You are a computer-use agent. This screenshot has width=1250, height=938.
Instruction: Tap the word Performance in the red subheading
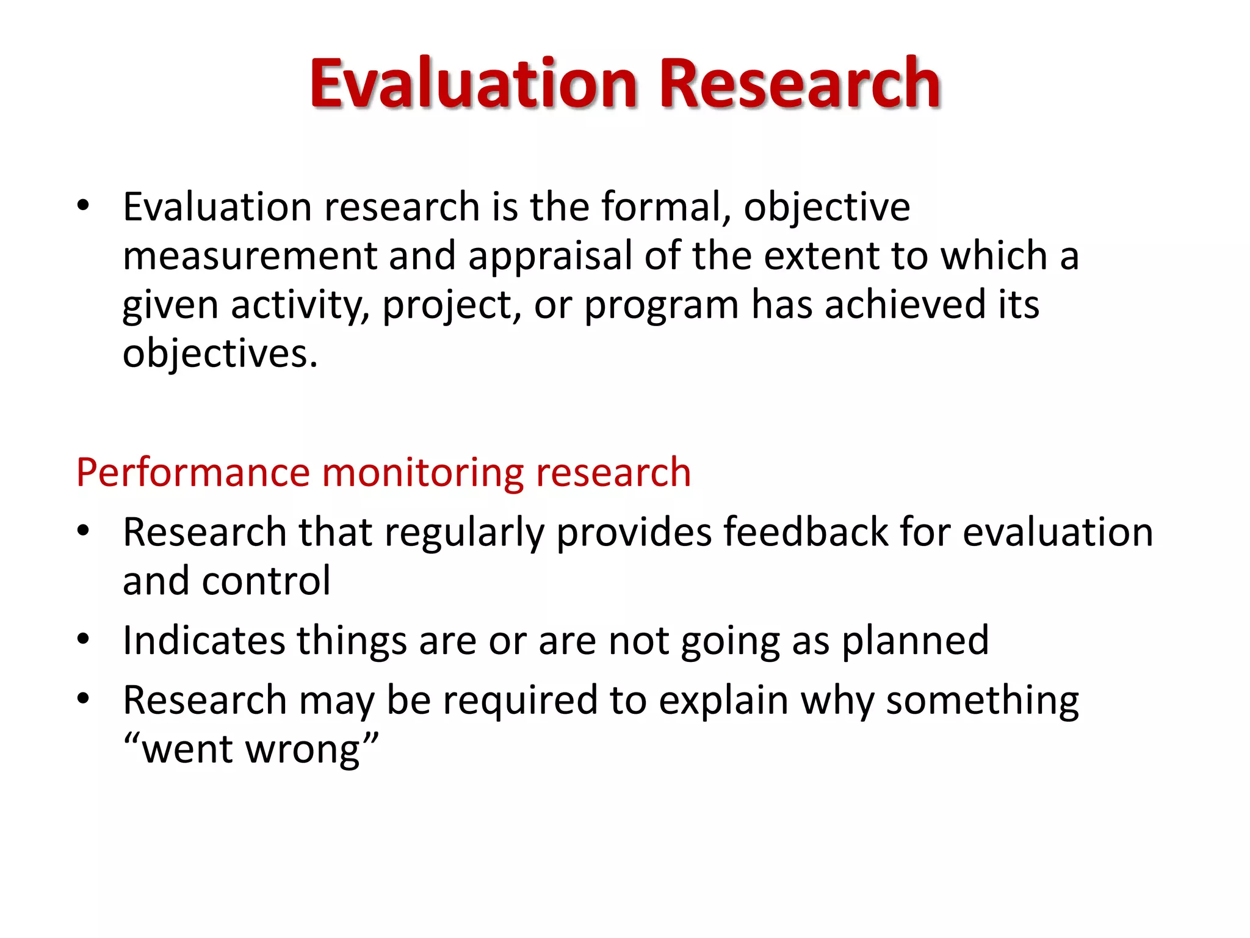pyautogui.click(x=193, y=473)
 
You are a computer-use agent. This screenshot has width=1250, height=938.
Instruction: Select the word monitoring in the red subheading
pyautogui.click(x=422, y=473)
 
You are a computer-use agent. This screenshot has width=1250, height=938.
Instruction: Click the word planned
pyautogui.click(x=915, y=641)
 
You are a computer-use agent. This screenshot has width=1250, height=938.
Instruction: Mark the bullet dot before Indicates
pyautogui.click(x=84, y=640)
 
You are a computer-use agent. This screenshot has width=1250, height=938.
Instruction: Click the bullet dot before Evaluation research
pyautogui.click(x=84, y=206)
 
